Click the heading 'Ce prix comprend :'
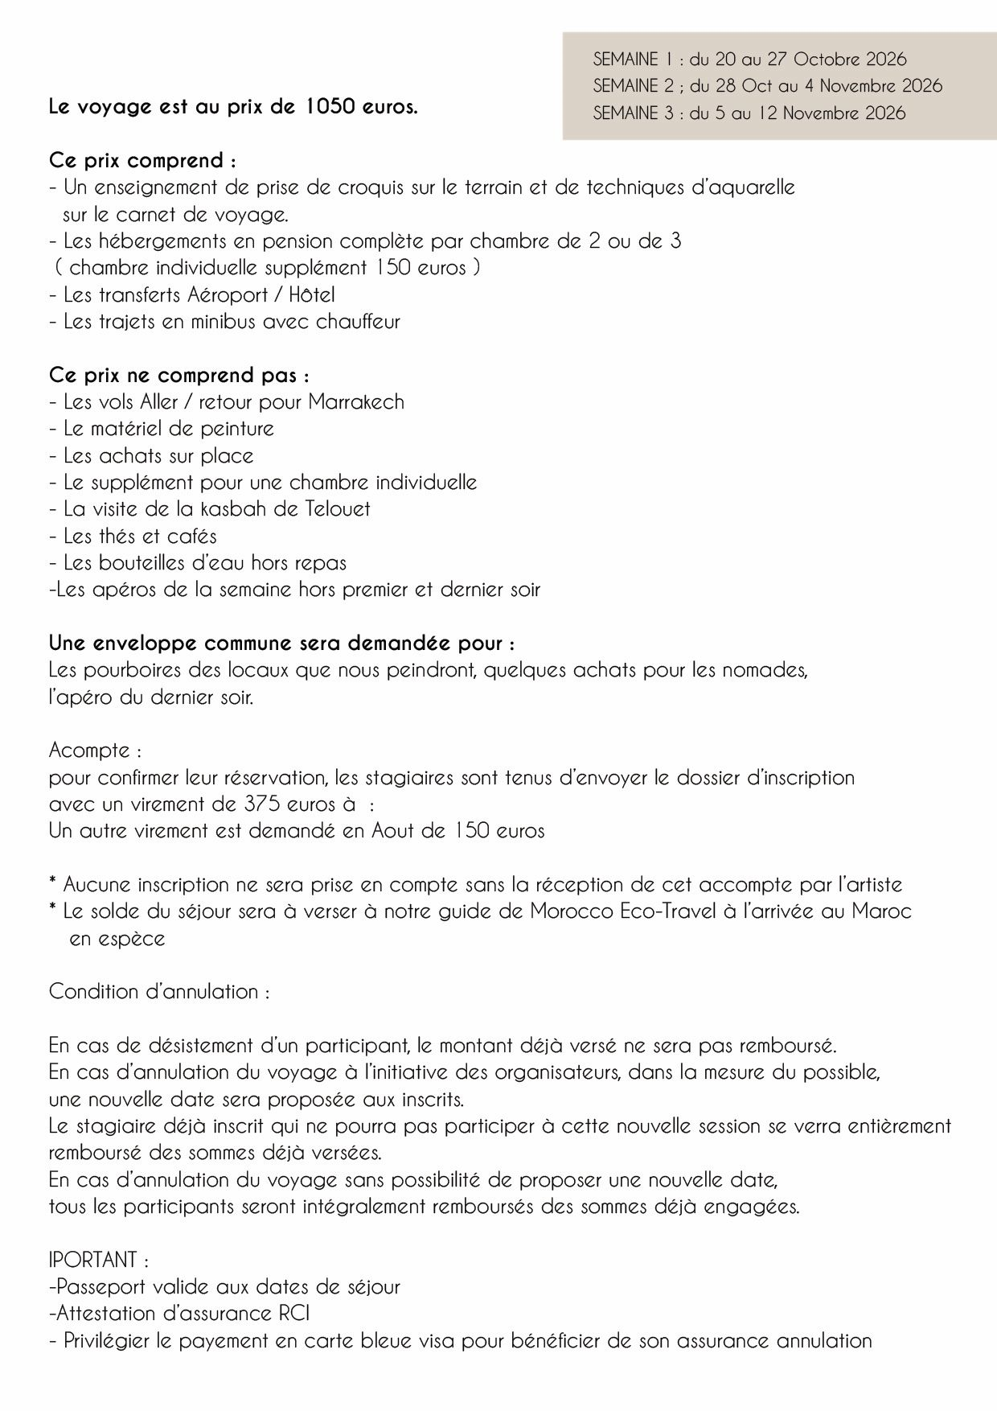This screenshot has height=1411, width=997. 142,161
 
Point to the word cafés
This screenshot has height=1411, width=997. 191,536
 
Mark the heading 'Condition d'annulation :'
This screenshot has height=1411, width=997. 158,992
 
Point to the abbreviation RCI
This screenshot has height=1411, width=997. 293,1314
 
